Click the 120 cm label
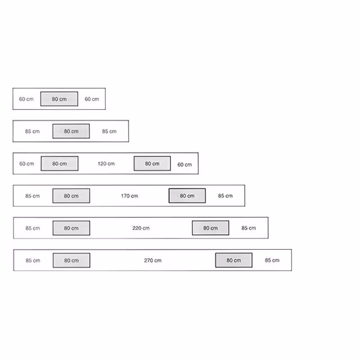click(x=106, y=164)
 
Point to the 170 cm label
click(x=129, y=196)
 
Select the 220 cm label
click(x=141, y=228)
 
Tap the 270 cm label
click(x=152, y=260)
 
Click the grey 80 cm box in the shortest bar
click(x=59, y=99)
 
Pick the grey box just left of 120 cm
click(x=60, y=164)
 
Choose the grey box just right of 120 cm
click(x=152, y=164)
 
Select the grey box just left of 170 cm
click(x=71, y=196)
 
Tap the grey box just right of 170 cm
click(x=187, y=196)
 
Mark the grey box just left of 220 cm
click(x=71, y=228)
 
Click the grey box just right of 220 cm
click(x=210, y=228)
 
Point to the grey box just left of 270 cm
click(x=71, y=260)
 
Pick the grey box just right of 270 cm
click(x=234, y=260)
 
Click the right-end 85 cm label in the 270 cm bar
click(x=272, y=260)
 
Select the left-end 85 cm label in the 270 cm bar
click(x=33, y=260)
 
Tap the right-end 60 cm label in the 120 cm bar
click(x=184, y=165)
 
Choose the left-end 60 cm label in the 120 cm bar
click(x=26, y=164)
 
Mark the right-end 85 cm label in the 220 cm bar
click(x=249, y=228)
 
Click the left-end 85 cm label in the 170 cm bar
click(x=33, y=196)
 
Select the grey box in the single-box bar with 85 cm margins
click(x=71, y=131)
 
